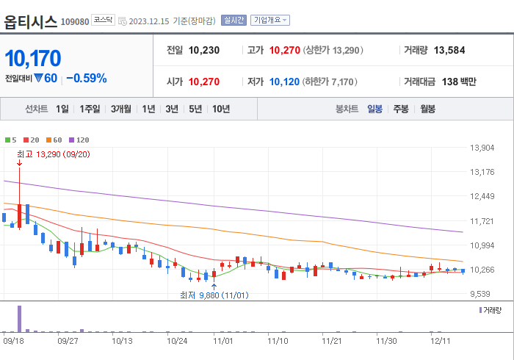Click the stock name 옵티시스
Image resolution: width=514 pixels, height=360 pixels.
[x=31, y=21]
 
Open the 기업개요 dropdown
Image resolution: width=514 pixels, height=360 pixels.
[x=270, y=21]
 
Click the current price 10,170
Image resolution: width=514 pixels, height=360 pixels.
[x=33, y=58]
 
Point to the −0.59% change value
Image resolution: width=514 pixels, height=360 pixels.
[x=86, y=78]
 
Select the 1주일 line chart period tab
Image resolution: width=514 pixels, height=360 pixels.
[x=90, y=109]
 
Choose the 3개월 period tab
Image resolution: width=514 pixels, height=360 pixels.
[x=121, y=109]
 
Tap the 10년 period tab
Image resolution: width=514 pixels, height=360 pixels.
[x=220, y=109]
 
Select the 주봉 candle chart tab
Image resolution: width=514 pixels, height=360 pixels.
[x=401, y=109]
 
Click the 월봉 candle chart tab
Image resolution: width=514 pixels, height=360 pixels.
[x=427, y=109]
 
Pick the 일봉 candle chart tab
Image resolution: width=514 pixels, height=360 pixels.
[x=374, y=109]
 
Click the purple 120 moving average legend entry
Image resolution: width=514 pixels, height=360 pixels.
[x=79, y=140]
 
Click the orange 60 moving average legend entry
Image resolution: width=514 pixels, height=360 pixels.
[x=55, y=140]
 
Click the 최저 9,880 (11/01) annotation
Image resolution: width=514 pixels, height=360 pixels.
[x=214, y=295]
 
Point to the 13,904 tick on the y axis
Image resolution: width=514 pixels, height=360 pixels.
[x=482, y=148]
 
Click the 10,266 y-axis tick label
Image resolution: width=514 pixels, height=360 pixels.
[x=482, y=270]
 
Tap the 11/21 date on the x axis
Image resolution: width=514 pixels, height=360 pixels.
[x=333, y=341]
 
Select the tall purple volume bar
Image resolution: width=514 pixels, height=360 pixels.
[x=20, y=318]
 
